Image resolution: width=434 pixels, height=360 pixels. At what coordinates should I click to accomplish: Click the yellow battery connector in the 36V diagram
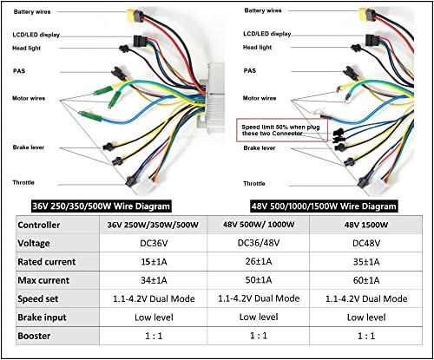pos(134,15)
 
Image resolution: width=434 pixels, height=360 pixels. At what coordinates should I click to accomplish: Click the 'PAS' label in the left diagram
pos(19,71)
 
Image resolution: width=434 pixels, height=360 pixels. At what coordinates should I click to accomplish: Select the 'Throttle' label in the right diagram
pos(254,183)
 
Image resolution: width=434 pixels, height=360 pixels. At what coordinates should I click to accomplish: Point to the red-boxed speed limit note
pos(282,130)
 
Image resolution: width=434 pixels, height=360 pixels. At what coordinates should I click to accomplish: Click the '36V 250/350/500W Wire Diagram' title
pos(101,206)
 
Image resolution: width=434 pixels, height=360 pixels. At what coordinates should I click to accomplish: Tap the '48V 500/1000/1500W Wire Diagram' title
pos(324,206)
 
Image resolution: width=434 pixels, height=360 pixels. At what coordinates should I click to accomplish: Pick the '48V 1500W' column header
pos(366,225)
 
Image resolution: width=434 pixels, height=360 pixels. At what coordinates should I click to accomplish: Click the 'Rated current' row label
pos(47,262)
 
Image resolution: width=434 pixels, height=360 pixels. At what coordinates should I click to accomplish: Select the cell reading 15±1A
pos(154,262)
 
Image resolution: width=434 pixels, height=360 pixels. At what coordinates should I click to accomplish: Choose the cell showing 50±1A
pos(259,280)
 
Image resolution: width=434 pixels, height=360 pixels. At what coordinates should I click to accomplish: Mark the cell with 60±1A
pos(366,280)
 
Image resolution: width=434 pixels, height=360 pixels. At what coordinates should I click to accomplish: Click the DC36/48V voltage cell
pos(259,243)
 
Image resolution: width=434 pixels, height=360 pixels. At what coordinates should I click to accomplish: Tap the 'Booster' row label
pos(34,336)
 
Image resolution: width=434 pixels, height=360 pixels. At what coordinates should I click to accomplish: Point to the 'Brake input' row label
pos(42,317)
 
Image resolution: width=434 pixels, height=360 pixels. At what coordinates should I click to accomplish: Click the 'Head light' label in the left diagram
pos(26,48)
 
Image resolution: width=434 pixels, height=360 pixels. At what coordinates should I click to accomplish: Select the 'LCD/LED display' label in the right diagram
pos(266,34)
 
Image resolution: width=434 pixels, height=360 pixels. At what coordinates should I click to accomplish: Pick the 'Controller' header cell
pos(39,225)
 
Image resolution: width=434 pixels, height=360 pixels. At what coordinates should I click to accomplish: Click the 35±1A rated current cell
pos(366,262)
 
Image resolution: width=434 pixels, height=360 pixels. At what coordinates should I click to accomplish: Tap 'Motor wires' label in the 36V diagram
pos(29,98)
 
